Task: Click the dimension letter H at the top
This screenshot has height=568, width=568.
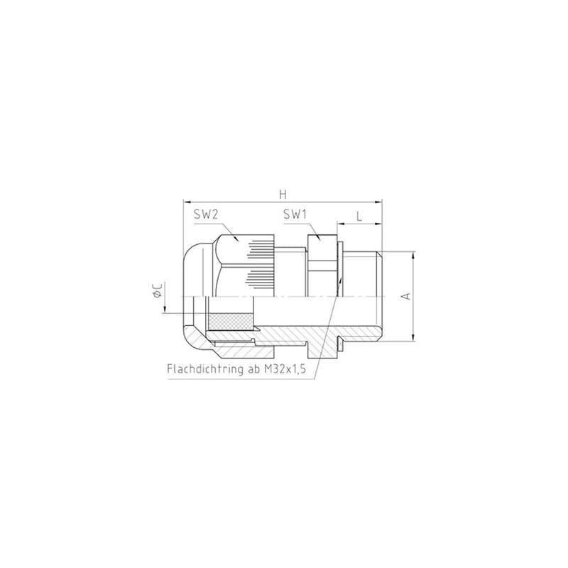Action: coord(283,194)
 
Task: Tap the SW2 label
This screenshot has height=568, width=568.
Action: coord(205,215)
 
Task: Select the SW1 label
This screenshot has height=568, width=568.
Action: coord(295,215)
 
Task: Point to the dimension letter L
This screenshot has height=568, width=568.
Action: coord(359,217)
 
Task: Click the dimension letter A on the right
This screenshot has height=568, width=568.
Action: coord(407,296)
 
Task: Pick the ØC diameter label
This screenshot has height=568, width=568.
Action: coord(158,290)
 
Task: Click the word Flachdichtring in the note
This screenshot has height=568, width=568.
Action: coord(204,368)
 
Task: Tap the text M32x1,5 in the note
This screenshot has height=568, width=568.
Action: coord(285,369)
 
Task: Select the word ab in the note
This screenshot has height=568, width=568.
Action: coord(253,368)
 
